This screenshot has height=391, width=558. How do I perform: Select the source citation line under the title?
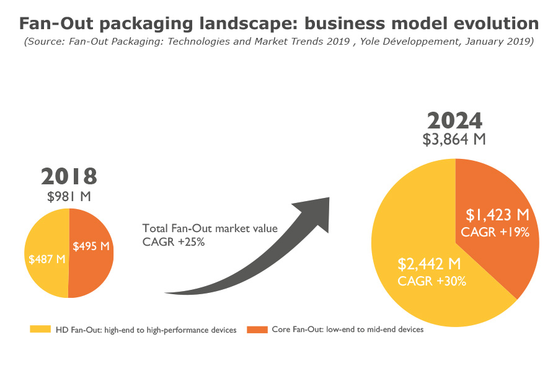278,42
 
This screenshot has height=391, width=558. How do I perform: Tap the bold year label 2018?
69,176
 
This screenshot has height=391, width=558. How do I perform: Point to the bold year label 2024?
454,120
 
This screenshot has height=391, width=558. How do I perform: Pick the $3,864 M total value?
454,139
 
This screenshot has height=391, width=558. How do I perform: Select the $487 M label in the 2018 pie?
47,259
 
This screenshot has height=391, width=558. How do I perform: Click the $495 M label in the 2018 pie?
91,246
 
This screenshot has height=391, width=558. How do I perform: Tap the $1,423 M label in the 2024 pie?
497,215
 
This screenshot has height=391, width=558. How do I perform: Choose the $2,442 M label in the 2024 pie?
429,264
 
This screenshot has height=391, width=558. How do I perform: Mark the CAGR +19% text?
495,233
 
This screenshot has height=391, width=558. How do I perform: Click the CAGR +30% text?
432,281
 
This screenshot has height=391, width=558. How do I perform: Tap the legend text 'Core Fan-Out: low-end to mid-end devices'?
348,330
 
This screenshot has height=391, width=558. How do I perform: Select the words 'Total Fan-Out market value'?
210,228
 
